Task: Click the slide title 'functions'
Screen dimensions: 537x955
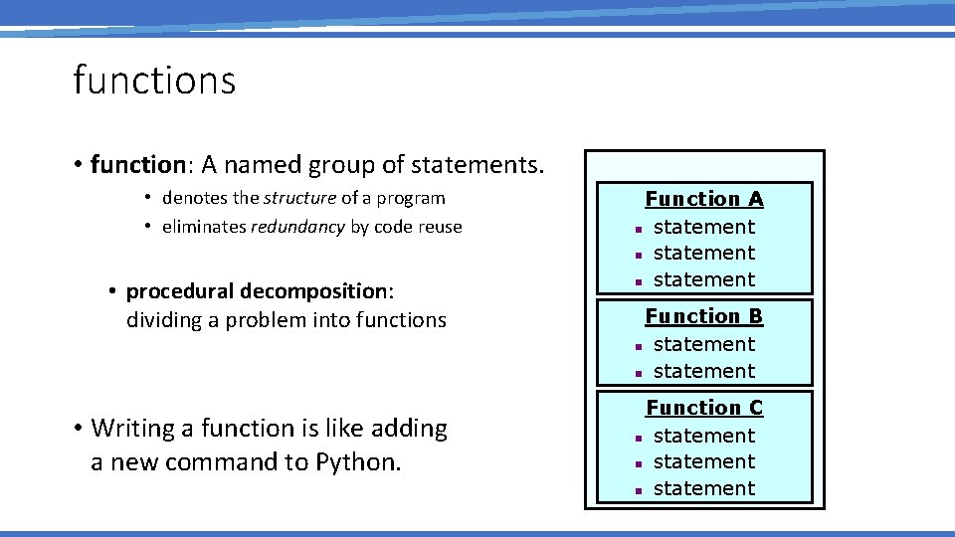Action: (x=154, y=80)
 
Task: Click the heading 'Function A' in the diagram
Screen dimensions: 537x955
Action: (x=704, y=199)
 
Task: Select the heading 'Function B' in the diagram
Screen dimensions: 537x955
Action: (x=704, y=316)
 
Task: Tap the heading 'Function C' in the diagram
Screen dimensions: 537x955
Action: (x=704, y=408)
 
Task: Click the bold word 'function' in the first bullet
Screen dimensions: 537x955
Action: (x=129, y=163)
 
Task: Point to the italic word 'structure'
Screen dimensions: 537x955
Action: (x=299, y=198)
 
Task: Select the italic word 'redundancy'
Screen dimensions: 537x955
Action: (x=297, y=227)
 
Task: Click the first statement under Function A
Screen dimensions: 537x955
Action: (x=704, y=227)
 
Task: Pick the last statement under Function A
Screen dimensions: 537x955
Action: (x=704, y=279)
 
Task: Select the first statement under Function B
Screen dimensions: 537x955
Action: (x=704, y=344)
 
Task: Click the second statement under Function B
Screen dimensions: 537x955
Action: (x=704, y=371)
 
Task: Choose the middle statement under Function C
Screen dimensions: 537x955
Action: (x=704, y=461)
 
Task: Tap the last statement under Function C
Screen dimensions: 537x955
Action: (x=704, y=488)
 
